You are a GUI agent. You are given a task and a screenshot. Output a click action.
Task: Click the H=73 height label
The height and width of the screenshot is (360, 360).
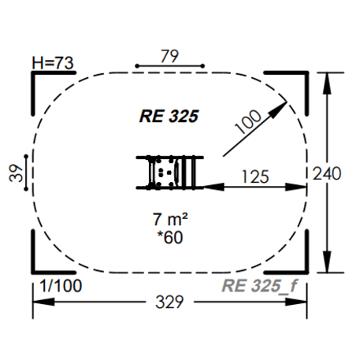point(53,63)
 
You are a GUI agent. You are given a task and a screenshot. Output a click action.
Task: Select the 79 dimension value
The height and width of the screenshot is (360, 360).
point(169,56)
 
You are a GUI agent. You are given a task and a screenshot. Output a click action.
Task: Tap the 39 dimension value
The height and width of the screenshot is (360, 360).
point(16,173)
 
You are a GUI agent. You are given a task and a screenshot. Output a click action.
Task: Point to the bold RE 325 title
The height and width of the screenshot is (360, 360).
point(169,116)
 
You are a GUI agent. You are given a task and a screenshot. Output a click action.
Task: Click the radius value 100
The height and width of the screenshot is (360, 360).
point(248,121)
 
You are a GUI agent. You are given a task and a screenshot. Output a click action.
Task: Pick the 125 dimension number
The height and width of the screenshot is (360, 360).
point(255,176)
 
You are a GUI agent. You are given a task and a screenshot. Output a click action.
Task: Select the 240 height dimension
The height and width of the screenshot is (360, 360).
point(327,173)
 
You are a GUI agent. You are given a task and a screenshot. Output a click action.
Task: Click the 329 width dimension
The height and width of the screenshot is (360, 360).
point(169,302)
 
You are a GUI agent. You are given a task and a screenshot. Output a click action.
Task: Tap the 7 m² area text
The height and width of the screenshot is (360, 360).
point(170,219)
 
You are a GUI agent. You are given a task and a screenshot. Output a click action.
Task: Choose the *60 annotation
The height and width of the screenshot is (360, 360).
point(170,237)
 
